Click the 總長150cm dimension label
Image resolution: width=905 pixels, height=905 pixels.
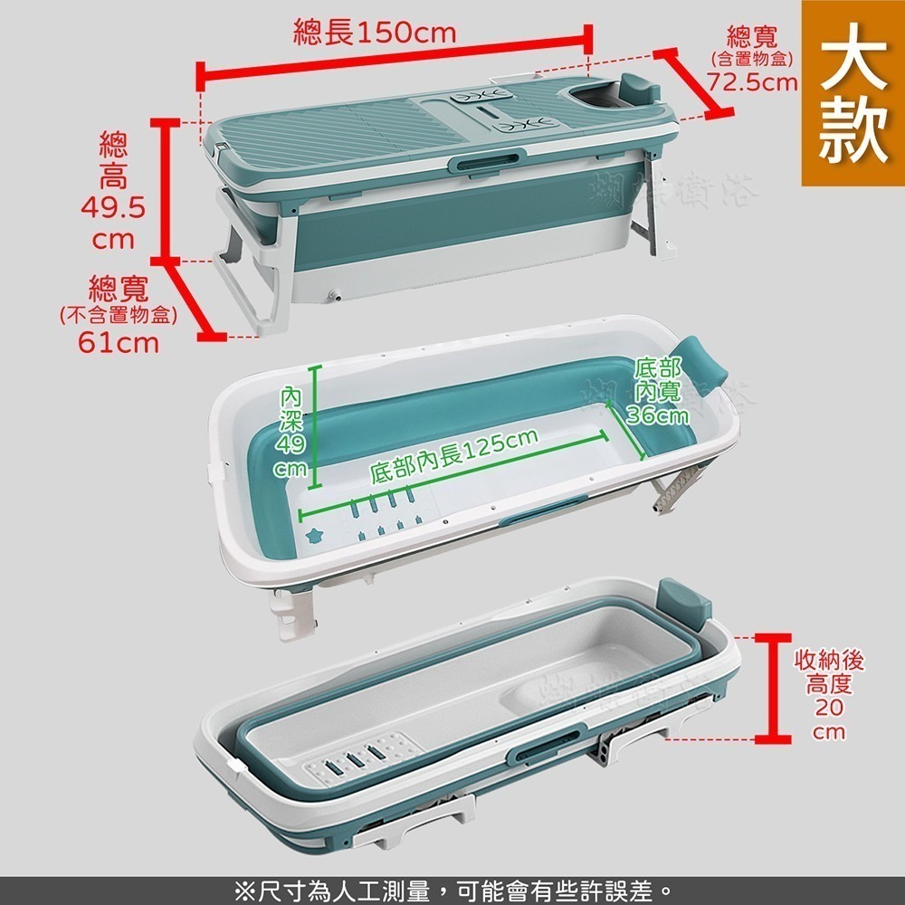(375, 33)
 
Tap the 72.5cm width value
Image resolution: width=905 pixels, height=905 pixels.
(753, 83)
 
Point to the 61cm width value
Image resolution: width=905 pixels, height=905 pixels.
(118, 343)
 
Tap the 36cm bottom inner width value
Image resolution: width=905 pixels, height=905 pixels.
(657, 415)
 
